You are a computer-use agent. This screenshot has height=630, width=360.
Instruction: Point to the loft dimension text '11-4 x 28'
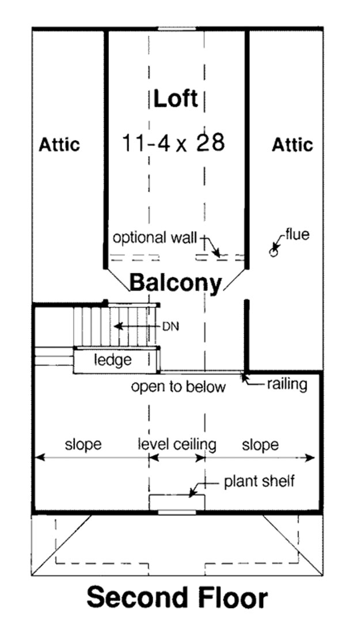pyautogui.click(x=173, y=142)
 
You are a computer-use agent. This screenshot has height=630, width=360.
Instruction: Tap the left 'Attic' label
pyautogui.click(x=59, y=144)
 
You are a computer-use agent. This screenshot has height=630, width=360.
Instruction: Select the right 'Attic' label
pyautogui.click(x=292, y=144)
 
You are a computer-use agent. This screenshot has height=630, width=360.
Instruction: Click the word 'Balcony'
pyautogui.click(x=175, y=283)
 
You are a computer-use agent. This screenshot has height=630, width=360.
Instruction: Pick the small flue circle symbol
pyautogui.click(x=274, y=251)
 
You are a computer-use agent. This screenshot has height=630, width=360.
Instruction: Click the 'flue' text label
pyautogui.click(x=297, y=235)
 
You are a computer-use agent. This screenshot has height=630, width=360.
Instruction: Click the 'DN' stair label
pyautogui.click(x=170, y=326)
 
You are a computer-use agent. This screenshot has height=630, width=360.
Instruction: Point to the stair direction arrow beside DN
pyautogui.click(x=135, y=326)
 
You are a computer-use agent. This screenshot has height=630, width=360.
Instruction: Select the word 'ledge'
pyautogui.click(x=113, y=360)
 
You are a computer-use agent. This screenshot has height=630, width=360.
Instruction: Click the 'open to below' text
pyautogui.click(x=178, y=387)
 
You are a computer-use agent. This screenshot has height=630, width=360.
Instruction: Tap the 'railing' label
pyautogui.click(x=286, y=384)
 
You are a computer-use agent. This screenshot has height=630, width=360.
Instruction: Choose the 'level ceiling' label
pyautogui.click(x=177, y=444)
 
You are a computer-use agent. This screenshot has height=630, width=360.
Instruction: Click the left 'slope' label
pyautogui.click(x=83, y=444)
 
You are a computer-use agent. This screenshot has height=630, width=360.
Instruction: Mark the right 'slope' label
pyautogui.click(x=260, y=444)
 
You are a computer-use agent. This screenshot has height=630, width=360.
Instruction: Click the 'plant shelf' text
pyautogui.click(x=259, y=481)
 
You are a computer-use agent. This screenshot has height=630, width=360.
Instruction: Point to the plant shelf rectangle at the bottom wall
pyautogui.click(x=177, y=501)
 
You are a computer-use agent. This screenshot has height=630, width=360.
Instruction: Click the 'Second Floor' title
pyautogui.click(x=177, y=598)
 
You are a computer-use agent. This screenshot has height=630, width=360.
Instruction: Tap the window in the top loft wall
pyautogui.click(x=176, y=28)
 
